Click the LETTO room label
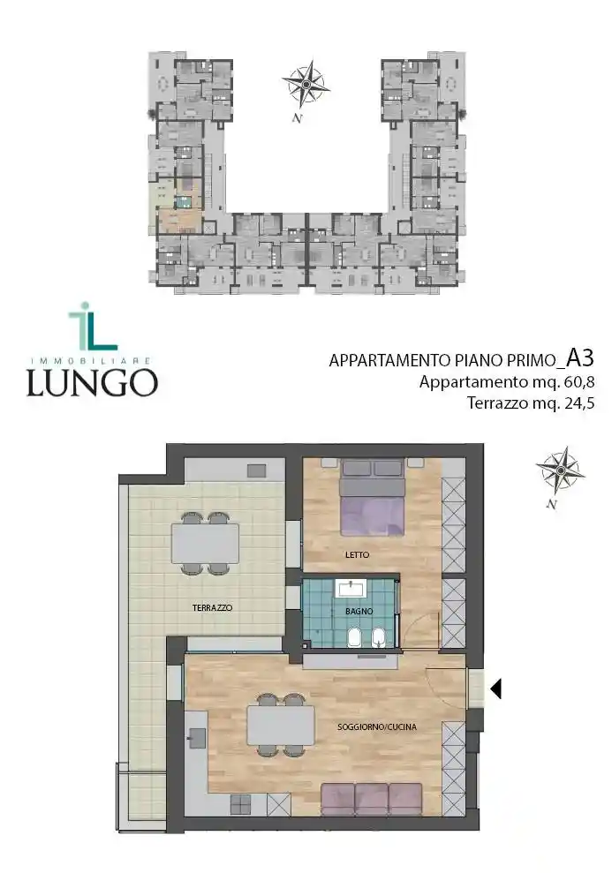(357, 554)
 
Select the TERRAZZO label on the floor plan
(212, 608)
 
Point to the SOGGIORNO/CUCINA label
(376, 727)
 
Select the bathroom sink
(357, 589)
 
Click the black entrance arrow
(495, 688)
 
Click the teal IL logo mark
(90, 327)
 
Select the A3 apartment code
(579, 357)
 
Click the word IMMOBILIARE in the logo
(92, 360)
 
